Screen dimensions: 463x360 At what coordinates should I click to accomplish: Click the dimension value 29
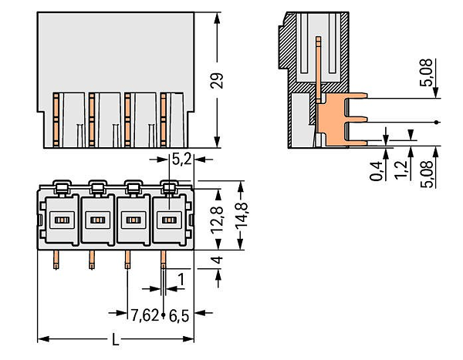pos(217,81)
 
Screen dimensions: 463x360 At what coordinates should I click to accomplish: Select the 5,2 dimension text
pos(181,160)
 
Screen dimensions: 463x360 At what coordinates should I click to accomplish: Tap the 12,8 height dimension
pos(217,220)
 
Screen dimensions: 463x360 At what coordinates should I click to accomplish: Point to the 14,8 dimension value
pos(242,215)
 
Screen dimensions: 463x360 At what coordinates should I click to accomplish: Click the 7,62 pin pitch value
pos(145,315)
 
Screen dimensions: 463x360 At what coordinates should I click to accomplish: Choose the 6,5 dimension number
pos(179,316)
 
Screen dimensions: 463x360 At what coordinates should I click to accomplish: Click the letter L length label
pos(115,339)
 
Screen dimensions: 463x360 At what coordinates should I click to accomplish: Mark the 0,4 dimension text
pos(376,171)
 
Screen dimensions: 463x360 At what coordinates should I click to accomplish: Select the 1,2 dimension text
pos(401,170)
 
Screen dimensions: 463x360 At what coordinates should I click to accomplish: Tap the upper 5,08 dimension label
pos(426,72)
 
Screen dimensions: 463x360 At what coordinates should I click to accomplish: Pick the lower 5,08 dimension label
pos(426,174)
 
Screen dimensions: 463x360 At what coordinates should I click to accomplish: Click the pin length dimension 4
pos(217,260)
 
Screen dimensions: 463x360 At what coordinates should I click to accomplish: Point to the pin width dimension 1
pos(181,279)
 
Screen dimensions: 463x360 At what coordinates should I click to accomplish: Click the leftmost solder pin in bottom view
pos(56,260)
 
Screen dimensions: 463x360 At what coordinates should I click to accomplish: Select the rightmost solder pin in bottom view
pos(163,260)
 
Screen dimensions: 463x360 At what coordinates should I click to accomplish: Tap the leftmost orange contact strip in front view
pos(56,119)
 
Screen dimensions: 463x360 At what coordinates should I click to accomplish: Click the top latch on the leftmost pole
pos(62,187)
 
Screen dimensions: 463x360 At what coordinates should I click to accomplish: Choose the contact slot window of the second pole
pos(97,220)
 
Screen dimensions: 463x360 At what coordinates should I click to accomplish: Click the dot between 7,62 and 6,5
pos(164,315)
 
